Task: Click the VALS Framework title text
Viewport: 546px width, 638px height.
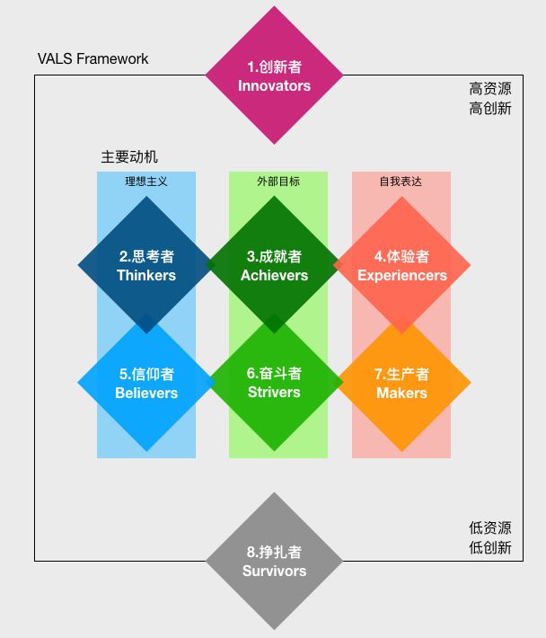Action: (x=93, y=59)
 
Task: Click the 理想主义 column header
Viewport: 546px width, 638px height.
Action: (x=146, y=181)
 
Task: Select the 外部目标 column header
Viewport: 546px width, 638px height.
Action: (x=278, y=181)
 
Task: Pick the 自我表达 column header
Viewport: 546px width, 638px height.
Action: (x=401, y=181)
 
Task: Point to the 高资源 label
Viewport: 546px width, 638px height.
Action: (x=489, y=89)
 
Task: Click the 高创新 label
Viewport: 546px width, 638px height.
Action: (x=489, y=109)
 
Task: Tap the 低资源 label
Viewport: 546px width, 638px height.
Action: (x=489, y=527)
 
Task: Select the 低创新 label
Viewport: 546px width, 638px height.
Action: (x=489, y=547)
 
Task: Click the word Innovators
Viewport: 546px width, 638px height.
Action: (x=274, y=86)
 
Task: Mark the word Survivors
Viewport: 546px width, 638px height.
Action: (x=274, y=572)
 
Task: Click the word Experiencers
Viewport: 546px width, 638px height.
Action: (x=401, y=276)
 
